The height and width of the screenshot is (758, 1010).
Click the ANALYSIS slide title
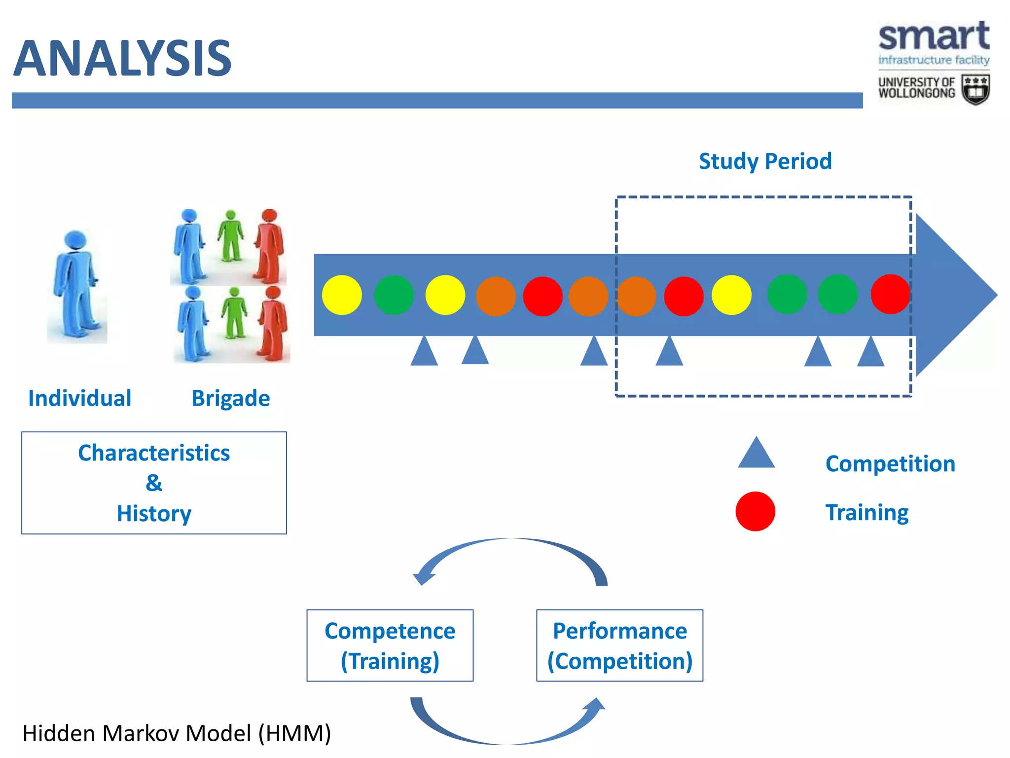pyautogui.click(x=122, y=58)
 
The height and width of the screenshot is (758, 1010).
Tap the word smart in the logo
pyautogui.click(x=934, y=37)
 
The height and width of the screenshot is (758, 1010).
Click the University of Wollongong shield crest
pyautogui.click(x=975, y=90)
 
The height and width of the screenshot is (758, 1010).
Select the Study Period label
pyautogui.click(x=765, y=161)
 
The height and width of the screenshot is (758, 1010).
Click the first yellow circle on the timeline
pyautogui.click(x=342, y=295)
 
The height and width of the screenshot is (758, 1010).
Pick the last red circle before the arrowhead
pyautogui.click(x=890, y=295)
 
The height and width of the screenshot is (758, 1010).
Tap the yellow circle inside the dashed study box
pyautogui.click(x=731, y=295)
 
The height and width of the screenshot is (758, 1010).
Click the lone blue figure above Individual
pyautogui.click(x=77, y=286)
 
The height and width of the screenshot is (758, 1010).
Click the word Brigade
pyautogui.click(x=230, y=398)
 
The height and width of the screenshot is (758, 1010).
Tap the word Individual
pyautogui.click(x=80, y=398)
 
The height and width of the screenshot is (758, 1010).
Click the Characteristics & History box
pyautogui.click(x=154, y=483)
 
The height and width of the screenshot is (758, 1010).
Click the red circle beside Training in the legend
pyautogui.click(x=755, y=511)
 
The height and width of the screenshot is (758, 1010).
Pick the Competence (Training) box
pyautogui.click(x=390, y=645)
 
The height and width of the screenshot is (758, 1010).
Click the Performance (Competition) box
pyautogui.click(x=619, y=645)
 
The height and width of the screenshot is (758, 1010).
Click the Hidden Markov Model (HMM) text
pyautogui.click(x=177, y=733)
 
